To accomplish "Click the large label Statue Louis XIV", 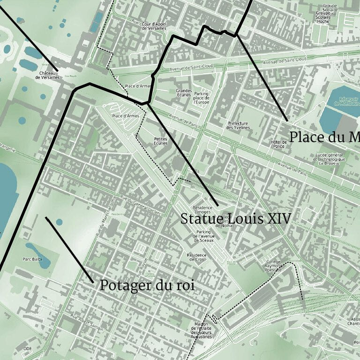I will [x=236, y=218].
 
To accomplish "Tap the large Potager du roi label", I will [x=147, y=285].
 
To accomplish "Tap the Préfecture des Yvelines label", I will [x=238, y=126].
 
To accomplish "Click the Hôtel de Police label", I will [x=278, y=144].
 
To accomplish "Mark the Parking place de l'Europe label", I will [x=201, y=97].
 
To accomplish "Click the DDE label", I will [x=28, y=349].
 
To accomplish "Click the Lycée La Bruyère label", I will [x=330, y=159].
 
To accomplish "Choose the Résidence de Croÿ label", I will [x=196, y=257].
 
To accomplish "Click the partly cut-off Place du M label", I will [x=324, y=137].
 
